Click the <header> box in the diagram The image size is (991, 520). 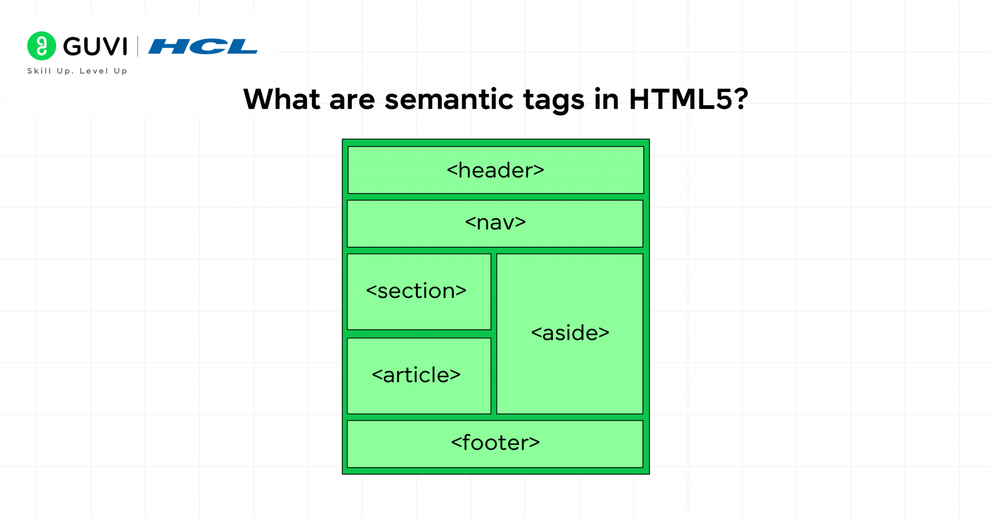[495, 170]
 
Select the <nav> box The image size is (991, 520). [495, 223]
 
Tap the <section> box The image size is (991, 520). [419, 292]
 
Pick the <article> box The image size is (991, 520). [419, 376]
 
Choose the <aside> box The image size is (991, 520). [570, 334]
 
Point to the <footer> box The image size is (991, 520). [495, 444]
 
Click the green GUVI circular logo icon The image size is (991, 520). [42, 46]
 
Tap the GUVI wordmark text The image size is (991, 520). [95, 46]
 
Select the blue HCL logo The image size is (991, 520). [203, 46]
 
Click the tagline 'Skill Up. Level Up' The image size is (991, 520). [77, 71]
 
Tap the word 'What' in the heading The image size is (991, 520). [282, 99]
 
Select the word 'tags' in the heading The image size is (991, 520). [554, 101]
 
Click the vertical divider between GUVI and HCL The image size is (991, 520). [138, 46]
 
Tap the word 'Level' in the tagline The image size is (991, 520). [94, 71]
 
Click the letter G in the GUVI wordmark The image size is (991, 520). [73, 46]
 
